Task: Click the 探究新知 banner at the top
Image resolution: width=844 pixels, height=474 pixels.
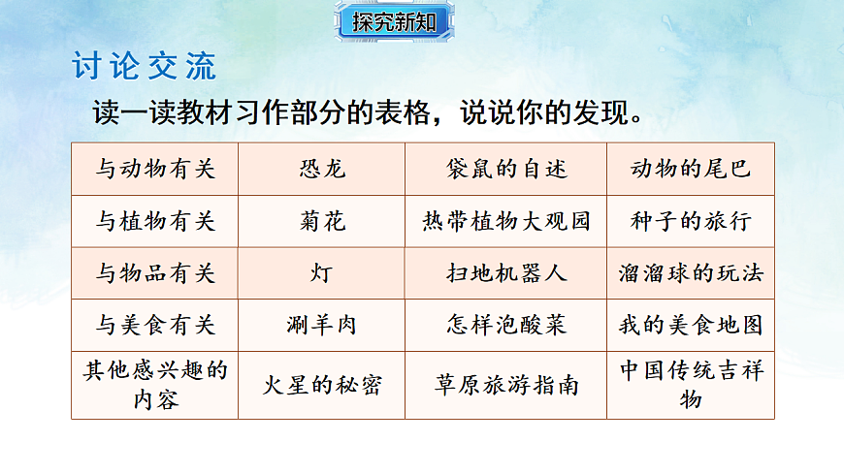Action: (x=394, y=22)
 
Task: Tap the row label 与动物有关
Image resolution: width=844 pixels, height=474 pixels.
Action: (x=154, y=169)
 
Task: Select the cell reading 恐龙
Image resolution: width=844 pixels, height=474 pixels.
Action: (x=321, y=169)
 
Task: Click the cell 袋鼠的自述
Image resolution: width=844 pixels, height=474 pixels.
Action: (x=505, y=169)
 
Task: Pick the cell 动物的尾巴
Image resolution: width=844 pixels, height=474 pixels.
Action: (x=691, y=169)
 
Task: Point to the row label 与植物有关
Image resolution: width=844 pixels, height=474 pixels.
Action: (x=154, y=221)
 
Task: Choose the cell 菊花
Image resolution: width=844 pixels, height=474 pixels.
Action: (x=321, y=221)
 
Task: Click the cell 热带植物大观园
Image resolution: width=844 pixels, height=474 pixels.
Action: (x=505, y=221)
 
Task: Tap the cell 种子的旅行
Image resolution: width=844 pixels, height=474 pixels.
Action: (x=691, y=221)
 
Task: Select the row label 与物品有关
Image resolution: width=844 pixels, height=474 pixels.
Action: (x=154, y=273)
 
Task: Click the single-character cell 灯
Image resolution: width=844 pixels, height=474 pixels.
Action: (x=321, y=273)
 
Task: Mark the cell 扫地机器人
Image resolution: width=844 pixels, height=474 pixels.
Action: (x=505, y=273)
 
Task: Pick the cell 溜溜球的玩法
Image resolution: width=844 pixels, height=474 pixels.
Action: (x=691, y=273)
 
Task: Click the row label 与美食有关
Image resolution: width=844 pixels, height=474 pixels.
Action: (x=154, y=325)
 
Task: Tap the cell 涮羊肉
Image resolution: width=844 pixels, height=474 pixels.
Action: (x=321, y=325)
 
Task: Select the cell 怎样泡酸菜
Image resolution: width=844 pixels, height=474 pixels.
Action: (x=505, y=325)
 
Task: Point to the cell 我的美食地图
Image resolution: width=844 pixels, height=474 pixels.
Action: (x=691, y=325)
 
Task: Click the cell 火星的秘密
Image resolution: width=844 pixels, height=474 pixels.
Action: (x=321, y=385)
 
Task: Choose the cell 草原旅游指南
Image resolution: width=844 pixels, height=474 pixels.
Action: (x=505, y=385)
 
